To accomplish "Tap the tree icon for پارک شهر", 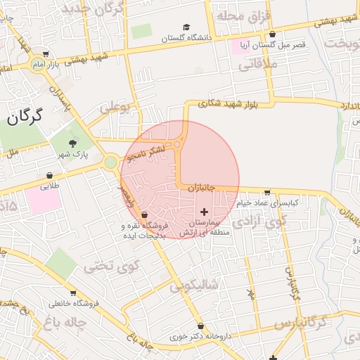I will coord(74,143).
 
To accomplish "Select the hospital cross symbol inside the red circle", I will coord(205,211).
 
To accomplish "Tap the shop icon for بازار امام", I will coord(46,53).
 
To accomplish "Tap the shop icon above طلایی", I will coord(49,176).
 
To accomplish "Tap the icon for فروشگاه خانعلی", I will coord(72,293).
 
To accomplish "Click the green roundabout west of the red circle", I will coord(110,163).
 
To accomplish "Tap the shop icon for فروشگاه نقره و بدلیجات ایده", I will coord(143,214).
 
